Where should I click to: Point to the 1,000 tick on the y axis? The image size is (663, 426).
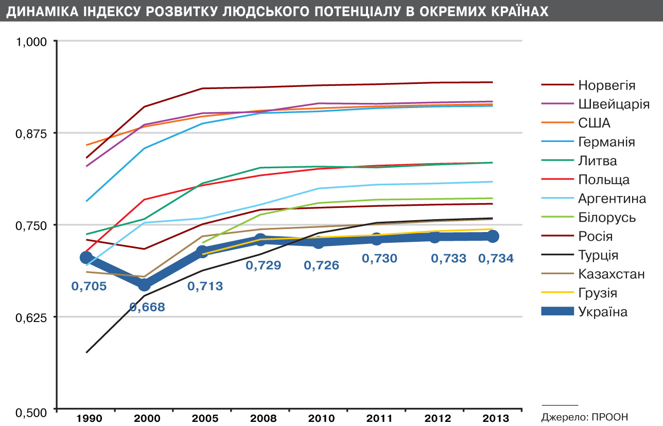(x=32, y=42)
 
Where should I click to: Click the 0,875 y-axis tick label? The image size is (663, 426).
(x=32, y=133)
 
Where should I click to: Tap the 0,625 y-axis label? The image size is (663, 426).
(x=32, y=317)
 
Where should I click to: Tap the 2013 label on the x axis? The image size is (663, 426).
(x=493, y=417)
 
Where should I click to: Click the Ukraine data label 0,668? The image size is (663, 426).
(x=147, y=308)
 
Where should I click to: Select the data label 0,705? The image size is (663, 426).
(x=89, y=287)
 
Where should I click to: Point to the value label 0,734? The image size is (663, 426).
(x=496, y=259)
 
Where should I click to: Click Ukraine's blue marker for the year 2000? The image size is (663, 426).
(x=145, y=285)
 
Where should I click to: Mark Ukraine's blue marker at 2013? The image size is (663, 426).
(x=493, y=236)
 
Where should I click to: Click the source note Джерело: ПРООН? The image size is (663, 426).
(x=585, y=416)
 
